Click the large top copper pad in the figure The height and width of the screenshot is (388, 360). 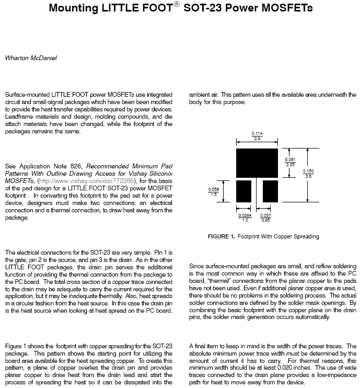257,163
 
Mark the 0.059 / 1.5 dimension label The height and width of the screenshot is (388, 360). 213,191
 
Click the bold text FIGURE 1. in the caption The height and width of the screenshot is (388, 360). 222,236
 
